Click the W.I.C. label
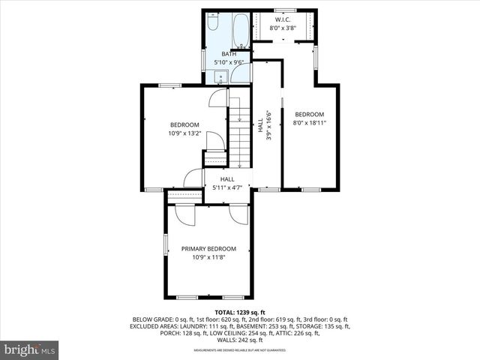point(283,20)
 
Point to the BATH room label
point(228,54)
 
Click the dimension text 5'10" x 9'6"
point(228,62)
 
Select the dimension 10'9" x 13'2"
point(184,133)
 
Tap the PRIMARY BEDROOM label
point(208,249)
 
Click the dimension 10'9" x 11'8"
point(208,257)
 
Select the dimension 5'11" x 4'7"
point(228,187)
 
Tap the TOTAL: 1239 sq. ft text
point(240,311)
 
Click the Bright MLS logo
point(30,349)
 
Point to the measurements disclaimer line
point(240,350)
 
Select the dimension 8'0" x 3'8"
point(283,28)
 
